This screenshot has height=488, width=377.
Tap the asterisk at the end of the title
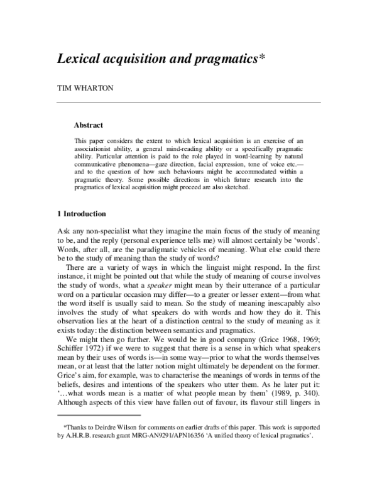click(262, 57)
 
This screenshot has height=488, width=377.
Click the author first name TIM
click(65, 89)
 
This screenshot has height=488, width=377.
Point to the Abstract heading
click(89, 125)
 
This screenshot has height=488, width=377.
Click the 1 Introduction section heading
click(82, 213)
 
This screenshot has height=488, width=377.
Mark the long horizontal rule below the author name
click(188, 103)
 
